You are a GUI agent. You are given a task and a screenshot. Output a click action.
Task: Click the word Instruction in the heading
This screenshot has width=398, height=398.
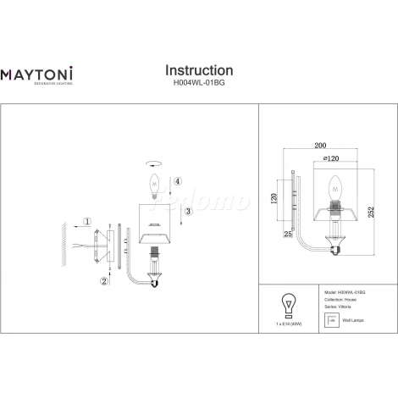[x=198, y=70]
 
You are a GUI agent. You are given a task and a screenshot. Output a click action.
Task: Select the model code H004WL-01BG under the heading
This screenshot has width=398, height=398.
[x=198, y=84]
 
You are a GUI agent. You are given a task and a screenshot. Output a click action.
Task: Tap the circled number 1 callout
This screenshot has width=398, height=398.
[x=86, y=224]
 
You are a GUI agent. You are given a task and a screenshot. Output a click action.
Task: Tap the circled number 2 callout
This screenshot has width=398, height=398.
[x=104, y=280]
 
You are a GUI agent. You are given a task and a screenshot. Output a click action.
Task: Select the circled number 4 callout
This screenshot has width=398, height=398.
[x=177, y=181]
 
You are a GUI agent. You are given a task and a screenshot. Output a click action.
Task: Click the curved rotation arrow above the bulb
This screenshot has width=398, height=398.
[x=154, y=164]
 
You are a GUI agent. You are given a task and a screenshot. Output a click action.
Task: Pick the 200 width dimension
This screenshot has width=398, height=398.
[x=321, y=146]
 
